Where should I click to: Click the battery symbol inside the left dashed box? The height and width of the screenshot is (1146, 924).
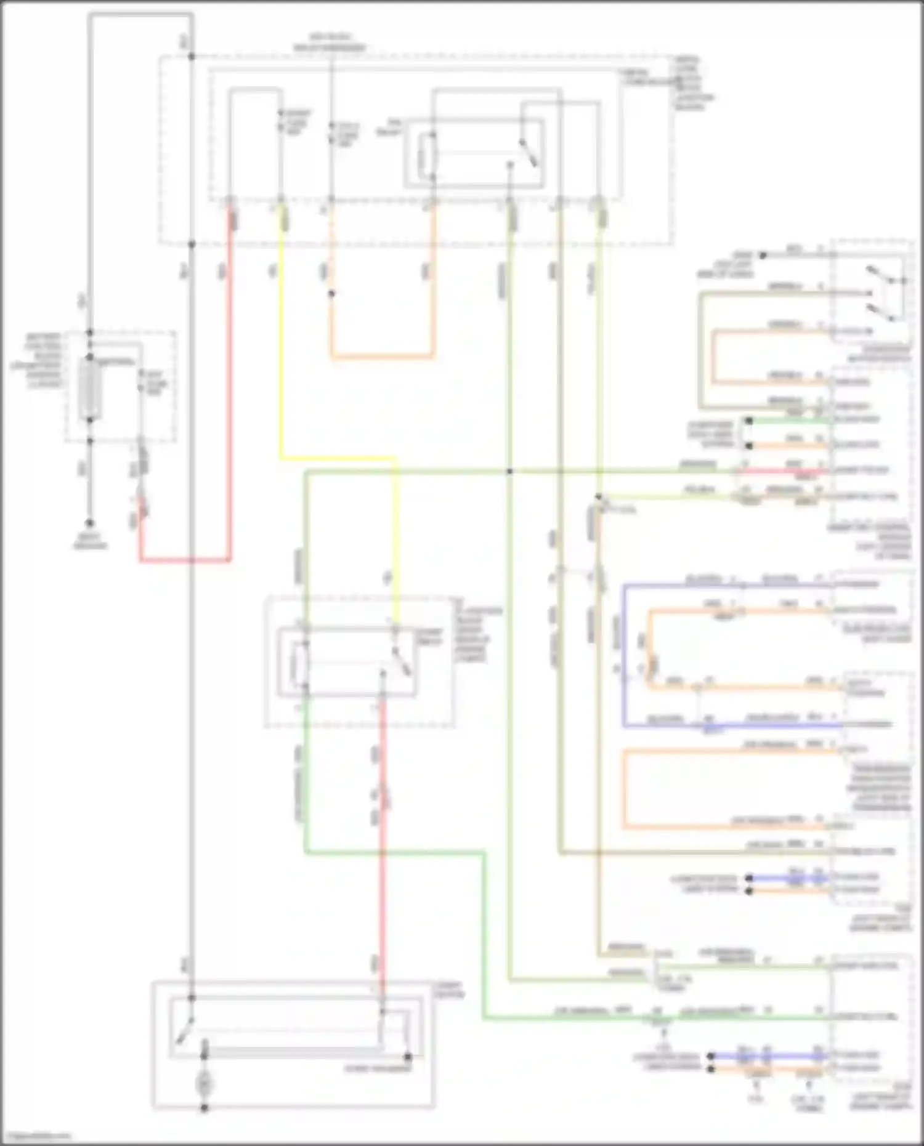(91, 389)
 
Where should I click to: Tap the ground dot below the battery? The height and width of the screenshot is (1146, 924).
(90, 523)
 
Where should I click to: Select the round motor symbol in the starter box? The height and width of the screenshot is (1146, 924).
(204, 1083)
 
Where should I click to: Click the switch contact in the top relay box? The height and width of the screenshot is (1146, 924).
(529, 152)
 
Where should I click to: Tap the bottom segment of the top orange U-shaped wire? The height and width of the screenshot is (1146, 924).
(382, 355)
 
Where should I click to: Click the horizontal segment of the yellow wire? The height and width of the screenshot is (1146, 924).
(338, 458)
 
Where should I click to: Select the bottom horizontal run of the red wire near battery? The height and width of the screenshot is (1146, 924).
(185, 560)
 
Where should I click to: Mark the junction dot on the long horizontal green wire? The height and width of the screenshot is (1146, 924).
(509, 472)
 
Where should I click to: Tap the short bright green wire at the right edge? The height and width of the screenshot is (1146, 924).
(788, 421)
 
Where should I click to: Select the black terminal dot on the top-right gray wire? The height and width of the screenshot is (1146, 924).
(762, 255)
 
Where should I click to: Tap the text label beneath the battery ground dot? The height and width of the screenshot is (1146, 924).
(90, 541)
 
